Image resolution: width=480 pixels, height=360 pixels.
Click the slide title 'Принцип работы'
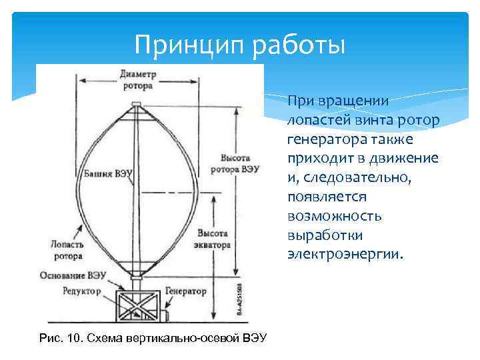pos(240,45)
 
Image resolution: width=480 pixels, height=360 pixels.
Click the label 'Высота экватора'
pos(214,239)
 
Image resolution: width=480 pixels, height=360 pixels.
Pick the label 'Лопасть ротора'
pos(66,250)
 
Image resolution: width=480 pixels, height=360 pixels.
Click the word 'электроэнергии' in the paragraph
pos(345,254)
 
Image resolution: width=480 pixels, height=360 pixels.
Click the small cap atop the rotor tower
pos(137,104)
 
